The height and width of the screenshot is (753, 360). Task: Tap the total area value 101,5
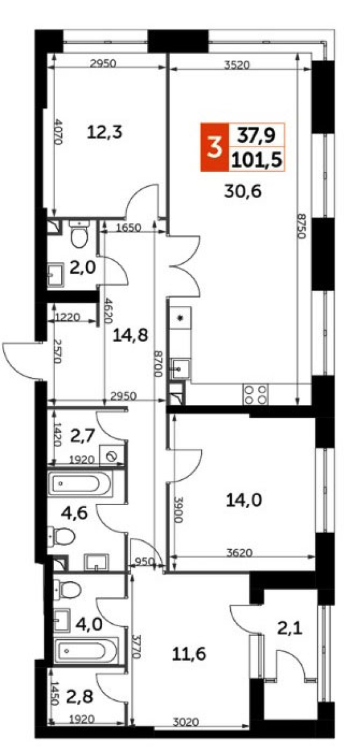click(x=257, y=160)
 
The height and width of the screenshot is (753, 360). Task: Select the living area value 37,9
click(x=257, y=135)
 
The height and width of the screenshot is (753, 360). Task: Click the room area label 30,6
click(x=244, y=192)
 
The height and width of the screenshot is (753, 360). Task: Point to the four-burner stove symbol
click(x=255, y=394)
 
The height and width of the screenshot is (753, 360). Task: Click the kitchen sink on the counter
click(x=181, y=368)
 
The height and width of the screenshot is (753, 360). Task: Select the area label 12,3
click(x=105, y=132)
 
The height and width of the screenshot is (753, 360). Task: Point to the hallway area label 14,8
click(x=130, y=336)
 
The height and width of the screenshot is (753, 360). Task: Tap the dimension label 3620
click(x=239, y=552)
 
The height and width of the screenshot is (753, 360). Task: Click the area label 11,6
click(x=189, y=655)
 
